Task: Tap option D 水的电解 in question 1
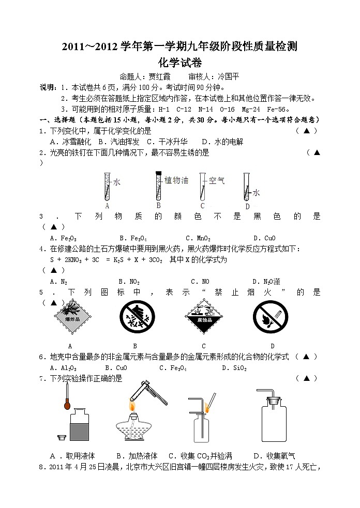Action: click(222, 141)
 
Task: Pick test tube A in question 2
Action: click(107, 187)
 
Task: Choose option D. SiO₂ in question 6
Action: click(234, 368)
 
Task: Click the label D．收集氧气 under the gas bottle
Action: click(274, 456)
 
